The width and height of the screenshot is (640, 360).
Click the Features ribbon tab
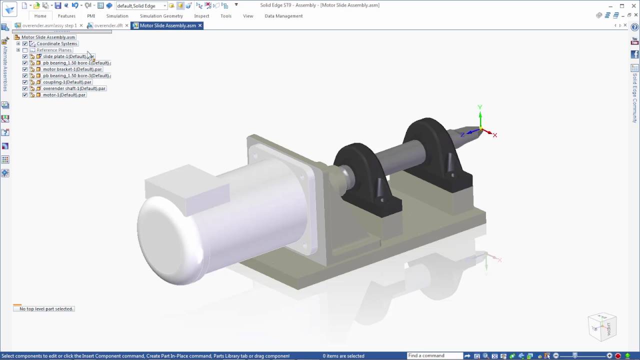(x=66, y=16)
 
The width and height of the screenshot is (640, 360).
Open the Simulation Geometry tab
(x=161, y=16)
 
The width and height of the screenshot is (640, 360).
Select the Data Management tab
(x=283, y=16)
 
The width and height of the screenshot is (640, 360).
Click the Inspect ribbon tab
(x=201, y=16)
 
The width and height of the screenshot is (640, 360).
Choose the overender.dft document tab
(x=108, y=25)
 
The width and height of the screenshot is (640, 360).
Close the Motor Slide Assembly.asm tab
(x=200, y=25)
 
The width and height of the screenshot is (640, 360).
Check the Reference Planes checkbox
(x=25, y=50)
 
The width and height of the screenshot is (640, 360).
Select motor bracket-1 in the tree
(x=72, y=69)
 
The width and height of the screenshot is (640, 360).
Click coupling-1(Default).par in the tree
(x=67, y=82)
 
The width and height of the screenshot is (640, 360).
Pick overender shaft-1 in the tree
(x=74, y=88)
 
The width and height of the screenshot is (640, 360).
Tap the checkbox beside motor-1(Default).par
(x=25, y=95)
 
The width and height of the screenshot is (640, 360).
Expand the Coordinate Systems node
(x=18, y=43)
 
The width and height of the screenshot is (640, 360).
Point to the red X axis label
(x=495, y=135)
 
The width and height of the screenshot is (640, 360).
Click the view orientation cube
(x=602, y=326)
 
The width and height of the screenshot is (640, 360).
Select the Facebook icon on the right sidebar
(x=634, y=54)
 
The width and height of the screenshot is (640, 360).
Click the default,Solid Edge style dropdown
(x=141, y=6)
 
